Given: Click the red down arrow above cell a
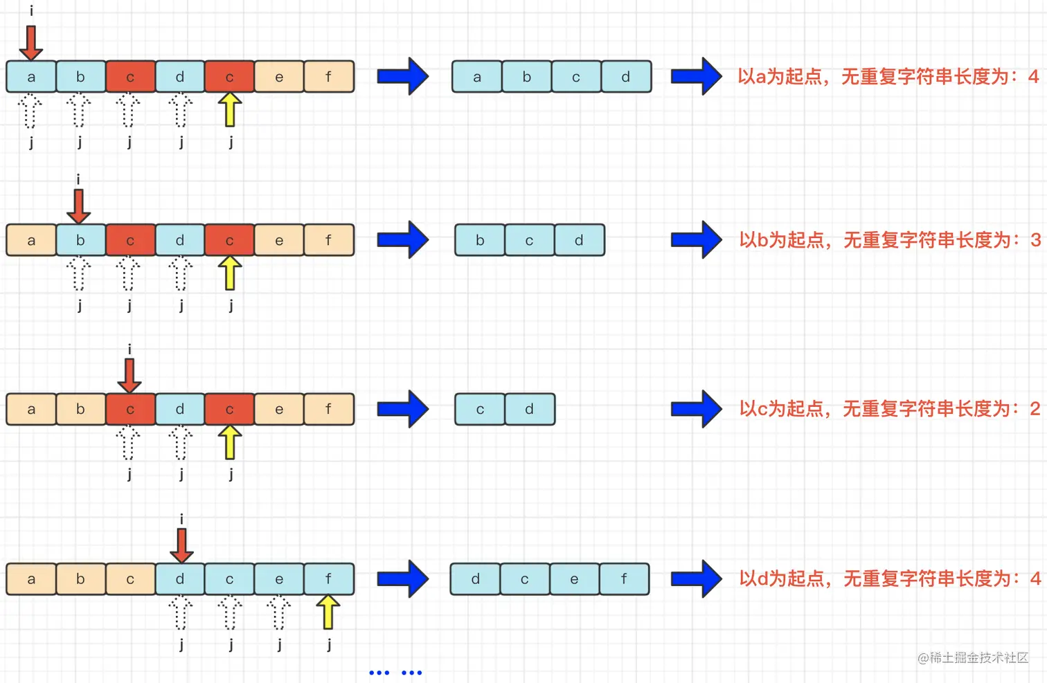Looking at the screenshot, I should (31, 43).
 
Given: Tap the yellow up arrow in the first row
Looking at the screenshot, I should (230, 110).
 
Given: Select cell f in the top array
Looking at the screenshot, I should (329, 77).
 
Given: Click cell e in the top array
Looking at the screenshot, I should (279, 77).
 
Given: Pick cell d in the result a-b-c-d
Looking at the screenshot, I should (626, 77).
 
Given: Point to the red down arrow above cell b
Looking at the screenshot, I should (79, 206).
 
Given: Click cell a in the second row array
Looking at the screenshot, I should (31, 240).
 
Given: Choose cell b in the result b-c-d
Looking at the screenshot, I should (480, 240).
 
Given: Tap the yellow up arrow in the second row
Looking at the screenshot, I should (230, 273).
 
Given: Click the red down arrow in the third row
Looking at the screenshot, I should (129, 375).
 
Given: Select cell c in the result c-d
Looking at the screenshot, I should (480, 409).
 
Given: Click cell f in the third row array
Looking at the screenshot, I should (329, 409).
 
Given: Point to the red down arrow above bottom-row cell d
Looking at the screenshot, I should (181, 545).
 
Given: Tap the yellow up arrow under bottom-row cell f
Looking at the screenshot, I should (328, 612).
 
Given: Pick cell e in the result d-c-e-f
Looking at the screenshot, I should (574, 579).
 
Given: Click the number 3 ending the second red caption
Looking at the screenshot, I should (1035, 240).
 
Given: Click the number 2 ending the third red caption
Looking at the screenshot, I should (1035, 409).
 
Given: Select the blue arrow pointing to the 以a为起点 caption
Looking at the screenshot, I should (697, 76).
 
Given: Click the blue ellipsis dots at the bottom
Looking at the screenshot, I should (395, 673).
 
